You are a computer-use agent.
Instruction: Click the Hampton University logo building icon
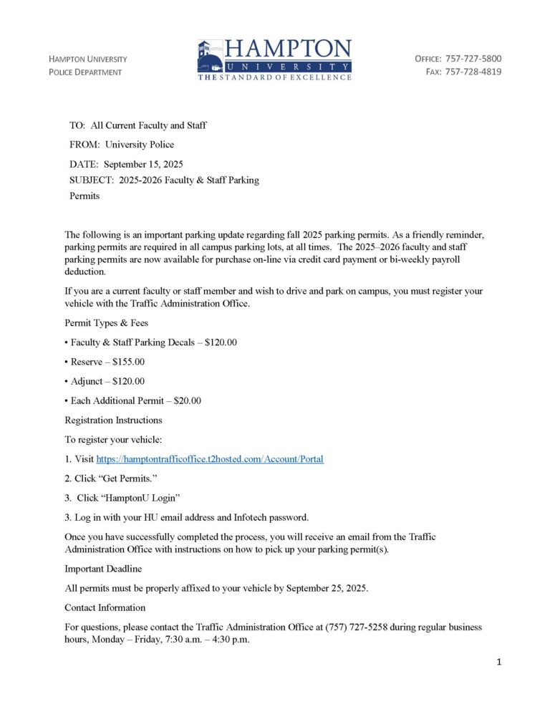coord(210,56)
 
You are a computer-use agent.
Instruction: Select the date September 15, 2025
coord(143,164)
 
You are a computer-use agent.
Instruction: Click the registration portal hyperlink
coord(210,458)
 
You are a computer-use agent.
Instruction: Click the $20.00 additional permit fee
coord(187,400)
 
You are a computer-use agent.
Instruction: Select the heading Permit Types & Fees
coord(107,323)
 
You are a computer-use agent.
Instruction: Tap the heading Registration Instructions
coord(113,420)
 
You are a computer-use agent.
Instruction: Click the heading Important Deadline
coord(103,569)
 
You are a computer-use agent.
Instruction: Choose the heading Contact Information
coord(105,607)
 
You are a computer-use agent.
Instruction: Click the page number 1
coord(498,663)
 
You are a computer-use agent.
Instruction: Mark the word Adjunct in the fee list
coord(87,381)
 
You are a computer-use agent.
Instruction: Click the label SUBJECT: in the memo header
coord(92,181)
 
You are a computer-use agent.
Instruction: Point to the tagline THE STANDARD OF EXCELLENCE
coord(275,77)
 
